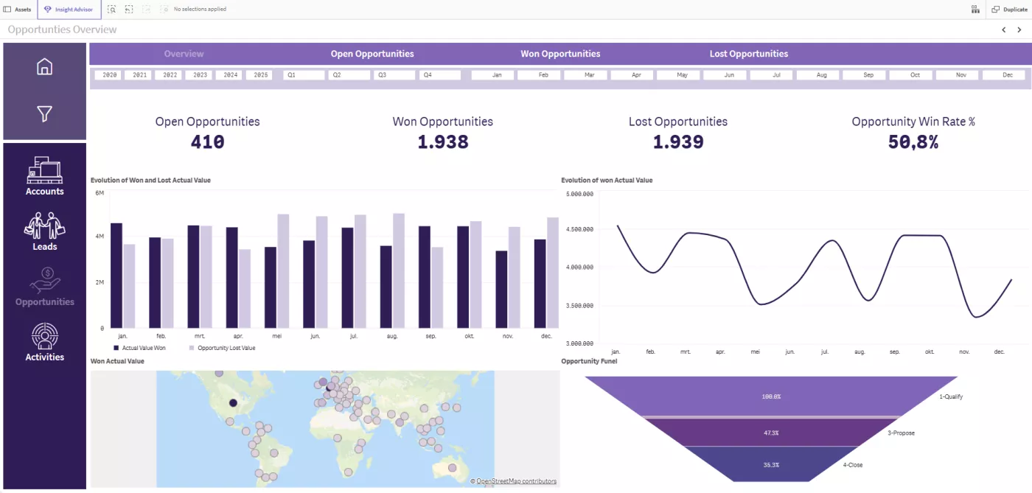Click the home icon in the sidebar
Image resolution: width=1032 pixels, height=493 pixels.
pyautogui.click(x=44, y=66)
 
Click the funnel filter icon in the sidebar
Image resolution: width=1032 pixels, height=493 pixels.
pyautogui.click(x=44, y=113)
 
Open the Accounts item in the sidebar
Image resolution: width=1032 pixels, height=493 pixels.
pyautogui.click(x=44, y=177)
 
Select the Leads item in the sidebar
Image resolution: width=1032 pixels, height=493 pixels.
pyautogui.click(x=44, y=231)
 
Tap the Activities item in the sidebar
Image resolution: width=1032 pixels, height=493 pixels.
pyautogui.click(x=44, y=342)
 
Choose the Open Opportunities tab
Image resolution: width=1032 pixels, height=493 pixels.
pyautogui.click(x=372, y=54)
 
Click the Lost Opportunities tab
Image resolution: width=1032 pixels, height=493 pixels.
pyautogui.click(x=748, y=54)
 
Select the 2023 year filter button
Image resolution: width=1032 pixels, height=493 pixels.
pyautogui.click(x=200, y=75)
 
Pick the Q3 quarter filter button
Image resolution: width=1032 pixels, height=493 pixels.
pyautogui.click(x=394, y=75)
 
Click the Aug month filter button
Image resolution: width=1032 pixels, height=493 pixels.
pyautogui.click(x=822, y=75)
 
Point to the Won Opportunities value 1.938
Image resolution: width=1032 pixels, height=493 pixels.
pyautogui.click(x=443, y=142)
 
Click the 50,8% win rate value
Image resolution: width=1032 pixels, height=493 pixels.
pyautogui.click(x=913, y=142)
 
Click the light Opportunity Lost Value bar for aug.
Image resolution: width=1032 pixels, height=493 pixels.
pyautogui.click(x=399, y=271)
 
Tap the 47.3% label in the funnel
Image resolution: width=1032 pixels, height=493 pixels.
pyautogui.click(x=771, y=433)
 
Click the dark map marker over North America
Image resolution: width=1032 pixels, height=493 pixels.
pyautogui.click(x=233, y=402)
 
